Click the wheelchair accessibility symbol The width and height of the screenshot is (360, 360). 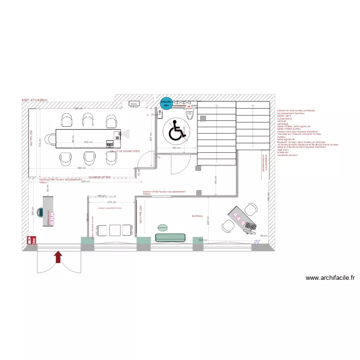[177, 131]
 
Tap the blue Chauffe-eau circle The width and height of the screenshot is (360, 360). [166, 103]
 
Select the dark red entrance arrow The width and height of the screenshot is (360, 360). [58, 257]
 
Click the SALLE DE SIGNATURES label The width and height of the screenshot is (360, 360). [125, 151]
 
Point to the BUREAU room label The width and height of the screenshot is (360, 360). [197, 216]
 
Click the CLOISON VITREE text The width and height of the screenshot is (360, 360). [99, 177]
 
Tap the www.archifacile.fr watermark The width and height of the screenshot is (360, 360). [330, 277]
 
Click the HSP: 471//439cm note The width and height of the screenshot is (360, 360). [35, 100]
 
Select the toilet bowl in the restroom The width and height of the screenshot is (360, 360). [190, 115]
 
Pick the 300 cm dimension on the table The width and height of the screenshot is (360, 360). [88, 143]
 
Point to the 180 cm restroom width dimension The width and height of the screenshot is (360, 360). [176, 148]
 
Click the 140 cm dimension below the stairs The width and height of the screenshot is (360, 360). [216, 179]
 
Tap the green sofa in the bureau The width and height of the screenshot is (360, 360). [170, 237]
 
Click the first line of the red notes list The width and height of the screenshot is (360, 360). [296, 111]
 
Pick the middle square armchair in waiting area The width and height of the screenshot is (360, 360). [114, 230]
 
